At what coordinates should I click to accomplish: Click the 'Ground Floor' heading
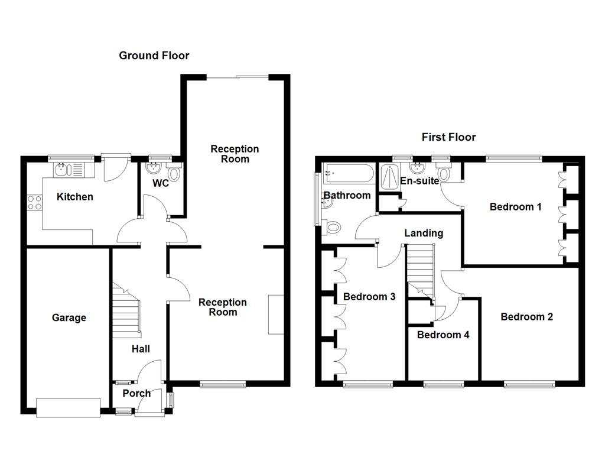[154, 56]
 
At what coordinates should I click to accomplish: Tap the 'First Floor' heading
[448, 137]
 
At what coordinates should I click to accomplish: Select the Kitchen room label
[74, 197]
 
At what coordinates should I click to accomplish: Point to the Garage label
[69, 318]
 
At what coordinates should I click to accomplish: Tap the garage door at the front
[69, 407]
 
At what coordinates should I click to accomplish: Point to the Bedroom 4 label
[443, 335]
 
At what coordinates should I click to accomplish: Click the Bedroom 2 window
[529, 384]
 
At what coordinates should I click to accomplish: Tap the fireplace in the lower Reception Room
[275, 314]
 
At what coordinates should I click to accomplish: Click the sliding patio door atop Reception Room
[238, 76]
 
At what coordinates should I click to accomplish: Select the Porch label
[136, 393]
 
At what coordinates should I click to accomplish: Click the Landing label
[424, 234]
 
